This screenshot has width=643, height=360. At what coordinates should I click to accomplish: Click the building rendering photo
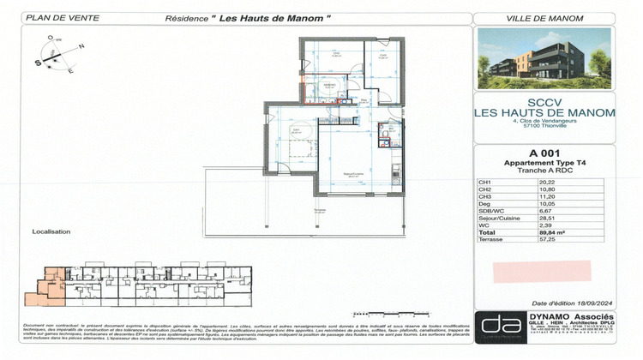(x=544, y=59)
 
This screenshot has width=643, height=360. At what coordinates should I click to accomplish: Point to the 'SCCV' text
(x=544, y=100)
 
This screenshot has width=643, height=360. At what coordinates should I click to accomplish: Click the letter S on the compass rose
(x=39, y=63)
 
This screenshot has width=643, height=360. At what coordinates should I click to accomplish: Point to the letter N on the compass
(x=81, y=46)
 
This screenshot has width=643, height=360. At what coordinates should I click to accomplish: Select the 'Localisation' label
(x=51, y=231)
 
